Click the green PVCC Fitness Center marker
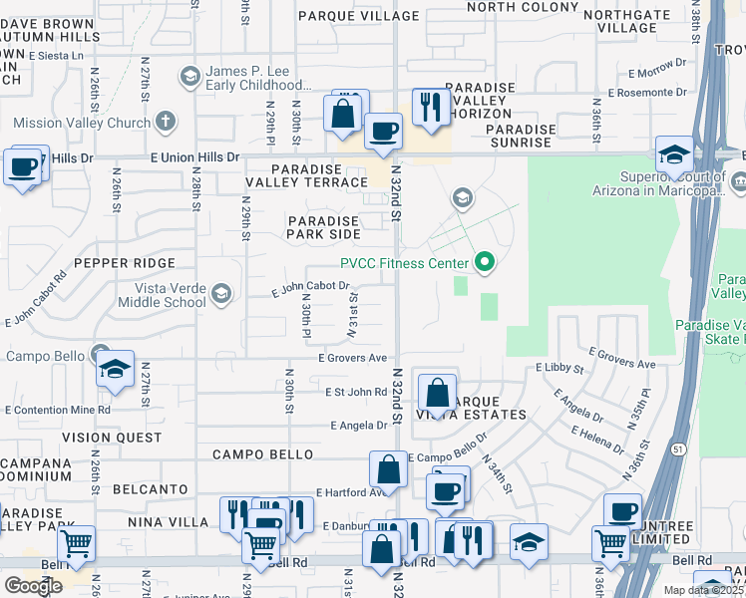coord(485,263)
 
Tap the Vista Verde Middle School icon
coord(220,294)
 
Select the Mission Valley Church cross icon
coord(166,123)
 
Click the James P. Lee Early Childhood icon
coord(188,77)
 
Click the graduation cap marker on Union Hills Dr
coord(675,153)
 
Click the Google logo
coord(33,586)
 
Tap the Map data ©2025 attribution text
coord(703,590)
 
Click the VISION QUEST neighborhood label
coord(111,438)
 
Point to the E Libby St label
coord(559,368)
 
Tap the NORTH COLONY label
coord(523,7)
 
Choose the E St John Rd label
coord(355,393)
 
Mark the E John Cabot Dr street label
coord(311,289)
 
